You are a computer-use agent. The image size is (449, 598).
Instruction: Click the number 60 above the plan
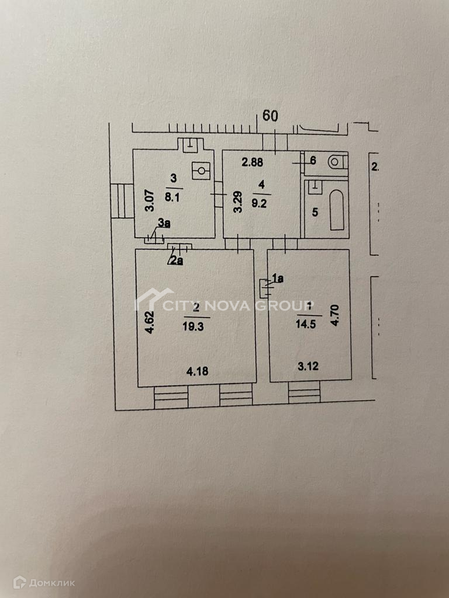coord(270,116)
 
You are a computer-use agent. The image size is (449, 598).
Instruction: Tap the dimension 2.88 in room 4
coord(253,163)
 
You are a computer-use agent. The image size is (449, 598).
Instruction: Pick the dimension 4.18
coord(197,370)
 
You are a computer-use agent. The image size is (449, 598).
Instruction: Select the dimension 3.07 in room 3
coord(149,200)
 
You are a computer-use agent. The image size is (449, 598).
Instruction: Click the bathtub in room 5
coord(337,211)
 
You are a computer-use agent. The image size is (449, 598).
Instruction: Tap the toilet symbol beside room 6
coord(337,161)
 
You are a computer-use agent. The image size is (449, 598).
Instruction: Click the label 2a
coord(176,260)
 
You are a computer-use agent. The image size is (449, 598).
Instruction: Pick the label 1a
coord(277,279)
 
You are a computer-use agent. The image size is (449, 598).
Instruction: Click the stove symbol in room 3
coord(201,170)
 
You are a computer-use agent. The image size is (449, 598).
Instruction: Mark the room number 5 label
coord(315,212)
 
